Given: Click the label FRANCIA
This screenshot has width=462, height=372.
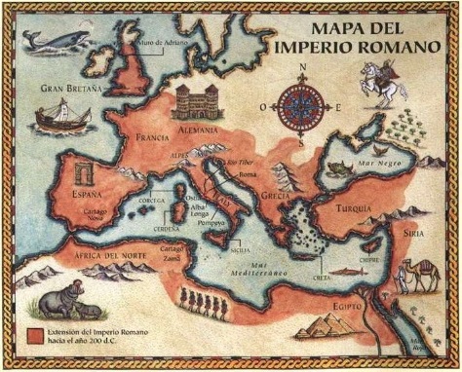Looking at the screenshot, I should tap(155, 137).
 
